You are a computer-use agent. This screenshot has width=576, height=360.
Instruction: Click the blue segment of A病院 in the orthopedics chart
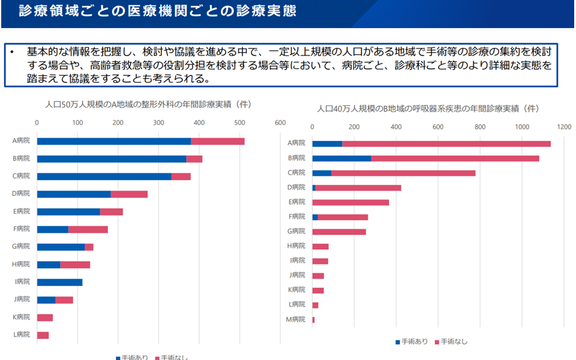(x=114, y=141)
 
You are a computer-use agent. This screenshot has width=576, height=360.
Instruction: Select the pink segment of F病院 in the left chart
(x=88, y=229)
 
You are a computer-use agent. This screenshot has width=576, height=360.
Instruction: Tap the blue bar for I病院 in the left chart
(x=59, y=282)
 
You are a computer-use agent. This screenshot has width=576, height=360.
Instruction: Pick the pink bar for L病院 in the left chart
(x=43, y=335)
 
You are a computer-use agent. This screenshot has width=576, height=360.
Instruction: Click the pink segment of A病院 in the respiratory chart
(x=446, y=143)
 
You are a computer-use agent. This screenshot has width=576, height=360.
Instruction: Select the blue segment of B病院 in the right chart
(x=341, y=158)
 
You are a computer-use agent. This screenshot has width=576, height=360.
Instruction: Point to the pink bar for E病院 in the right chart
(x=350, y=202)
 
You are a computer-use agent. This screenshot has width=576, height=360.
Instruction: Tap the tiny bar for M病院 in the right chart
(x=313, y=320)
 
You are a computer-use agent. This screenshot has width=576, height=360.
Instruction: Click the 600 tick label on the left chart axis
(x=280, y=122)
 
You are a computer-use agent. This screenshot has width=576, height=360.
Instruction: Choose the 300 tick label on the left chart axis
(x=158, y=122)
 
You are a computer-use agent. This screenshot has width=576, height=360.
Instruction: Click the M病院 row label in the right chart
(x=296, y=319)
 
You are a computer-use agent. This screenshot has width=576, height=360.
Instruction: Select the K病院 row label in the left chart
(x=21, y=317)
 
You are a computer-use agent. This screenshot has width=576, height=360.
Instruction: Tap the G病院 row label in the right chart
(x=296, y=231)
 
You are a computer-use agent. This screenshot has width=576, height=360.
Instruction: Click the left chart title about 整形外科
(x=148, y=104)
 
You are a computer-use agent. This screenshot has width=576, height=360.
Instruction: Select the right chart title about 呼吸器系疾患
(x=428, y=109)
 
